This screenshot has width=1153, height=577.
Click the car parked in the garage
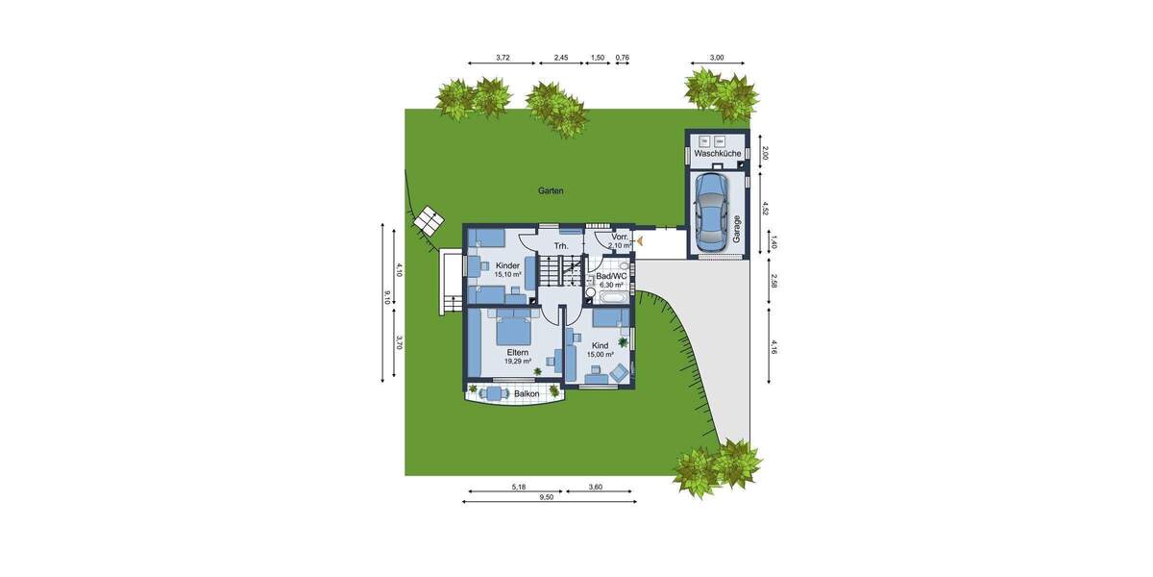[x=712, y=212]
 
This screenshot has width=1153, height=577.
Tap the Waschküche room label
[x=717, y=154]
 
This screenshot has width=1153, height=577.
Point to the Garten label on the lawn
[x=551, y=191]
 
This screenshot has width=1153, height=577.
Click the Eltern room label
[x=518, y=353]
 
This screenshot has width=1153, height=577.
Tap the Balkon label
[x=526, y=394]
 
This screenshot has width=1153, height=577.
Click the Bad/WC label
[x=611, y=276]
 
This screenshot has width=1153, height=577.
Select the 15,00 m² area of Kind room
[x=601, y=354]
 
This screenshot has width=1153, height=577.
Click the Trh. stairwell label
[x=561, y=246]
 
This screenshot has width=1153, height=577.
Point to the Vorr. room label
[x=619, y=237]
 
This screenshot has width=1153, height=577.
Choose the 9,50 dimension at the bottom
[x=547, y=497]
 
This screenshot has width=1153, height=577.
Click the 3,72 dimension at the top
[x=503, y=58]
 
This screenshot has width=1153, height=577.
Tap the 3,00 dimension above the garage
[x=717, y=58]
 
